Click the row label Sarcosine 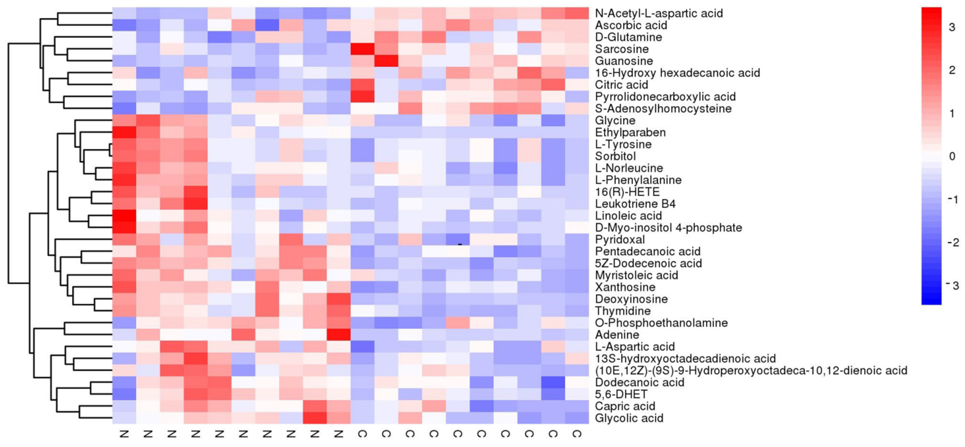621,49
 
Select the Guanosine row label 624,61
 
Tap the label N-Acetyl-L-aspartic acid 659,14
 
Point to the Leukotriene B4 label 635,204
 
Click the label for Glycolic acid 629,418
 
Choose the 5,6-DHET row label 621,394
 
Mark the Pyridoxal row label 620,239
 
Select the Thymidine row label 623,311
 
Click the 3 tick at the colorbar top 952,27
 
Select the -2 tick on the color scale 952,242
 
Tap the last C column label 577,434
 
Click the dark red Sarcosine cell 362,49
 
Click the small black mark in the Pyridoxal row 460,244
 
